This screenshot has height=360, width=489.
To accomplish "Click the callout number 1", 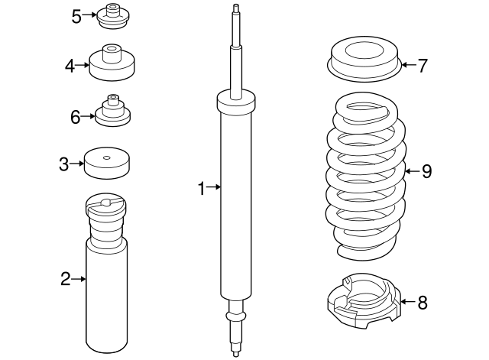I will tap(202, 187).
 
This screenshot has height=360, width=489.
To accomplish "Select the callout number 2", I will tap(66, 279).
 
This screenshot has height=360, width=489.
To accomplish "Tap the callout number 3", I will tap(64, 163).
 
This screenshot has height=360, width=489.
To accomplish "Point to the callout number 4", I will tap(70, 66).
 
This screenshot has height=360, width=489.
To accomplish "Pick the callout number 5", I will tap(76, 16).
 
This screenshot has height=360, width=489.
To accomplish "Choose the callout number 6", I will tap(75, 118).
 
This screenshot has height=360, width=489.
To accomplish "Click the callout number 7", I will tap(422, 65).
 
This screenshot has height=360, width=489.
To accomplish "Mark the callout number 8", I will tap(422, 303).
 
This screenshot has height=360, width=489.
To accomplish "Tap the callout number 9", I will tap(426, 171).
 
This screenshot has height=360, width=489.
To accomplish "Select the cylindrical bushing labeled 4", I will tap(113, 64).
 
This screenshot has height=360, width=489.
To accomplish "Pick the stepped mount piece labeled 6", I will tap(113, 113).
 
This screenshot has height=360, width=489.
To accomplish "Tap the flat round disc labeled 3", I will tap(107, 163).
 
